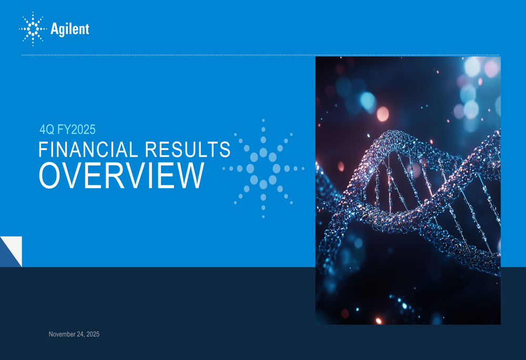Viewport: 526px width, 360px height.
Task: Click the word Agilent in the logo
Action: coord(70,29)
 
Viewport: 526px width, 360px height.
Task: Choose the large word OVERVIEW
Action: coord(121,176)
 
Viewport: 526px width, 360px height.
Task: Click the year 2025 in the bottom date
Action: coord(92,334)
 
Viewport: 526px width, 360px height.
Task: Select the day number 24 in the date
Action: coord(79,334)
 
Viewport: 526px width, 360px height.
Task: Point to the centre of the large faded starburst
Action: coord(263,169)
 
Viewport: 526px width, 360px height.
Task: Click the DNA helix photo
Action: coord(408,190)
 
